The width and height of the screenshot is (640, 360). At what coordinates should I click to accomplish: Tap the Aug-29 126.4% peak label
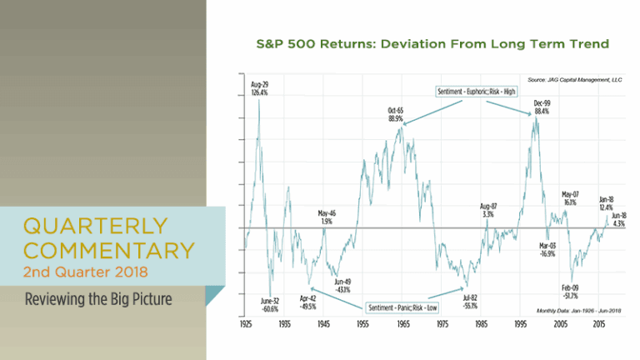259,88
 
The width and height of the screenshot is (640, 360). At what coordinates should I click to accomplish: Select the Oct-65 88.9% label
395,115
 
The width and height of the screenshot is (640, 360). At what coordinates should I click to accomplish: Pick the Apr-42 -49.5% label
308,302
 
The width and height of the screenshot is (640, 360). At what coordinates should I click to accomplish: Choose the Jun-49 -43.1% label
342,285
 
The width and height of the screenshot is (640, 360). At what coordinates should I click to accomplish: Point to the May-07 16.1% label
570,197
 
